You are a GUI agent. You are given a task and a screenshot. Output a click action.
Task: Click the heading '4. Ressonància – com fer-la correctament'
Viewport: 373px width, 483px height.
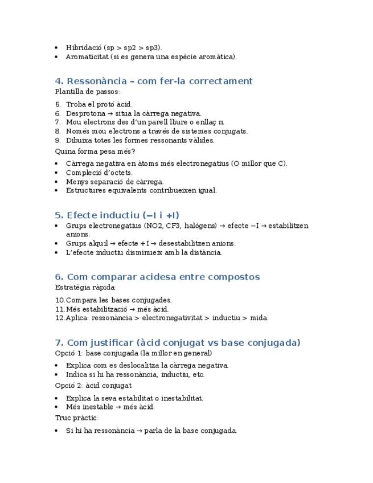[154, 81]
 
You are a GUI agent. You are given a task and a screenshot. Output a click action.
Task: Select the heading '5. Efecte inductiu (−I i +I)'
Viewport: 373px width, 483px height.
[117, 215]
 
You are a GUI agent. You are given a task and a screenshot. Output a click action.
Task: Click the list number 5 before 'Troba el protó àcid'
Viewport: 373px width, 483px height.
[58, 104]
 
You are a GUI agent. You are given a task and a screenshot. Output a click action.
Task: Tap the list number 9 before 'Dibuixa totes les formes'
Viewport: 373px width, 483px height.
[58, 140]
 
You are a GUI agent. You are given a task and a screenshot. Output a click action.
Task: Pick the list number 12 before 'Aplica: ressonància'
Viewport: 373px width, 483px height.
[60, 318]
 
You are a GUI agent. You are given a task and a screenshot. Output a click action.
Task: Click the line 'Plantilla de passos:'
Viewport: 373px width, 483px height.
[88, 91]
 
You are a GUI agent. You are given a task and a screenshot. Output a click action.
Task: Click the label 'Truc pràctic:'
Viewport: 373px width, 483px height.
[76, 417]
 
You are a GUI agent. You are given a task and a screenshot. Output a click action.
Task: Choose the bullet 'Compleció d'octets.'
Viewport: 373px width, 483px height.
[99, 173]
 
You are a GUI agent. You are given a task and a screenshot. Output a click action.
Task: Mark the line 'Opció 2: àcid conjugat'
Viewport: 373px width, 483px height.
[93, 386]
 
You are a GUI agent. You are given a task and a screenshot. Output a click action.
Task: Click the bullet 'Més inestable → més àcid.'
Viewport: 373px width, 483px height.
[110, 407]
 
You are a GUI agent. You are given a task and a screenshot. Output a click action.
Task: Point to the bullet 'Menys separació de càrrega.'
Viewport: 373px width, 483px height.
[114, 182]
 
